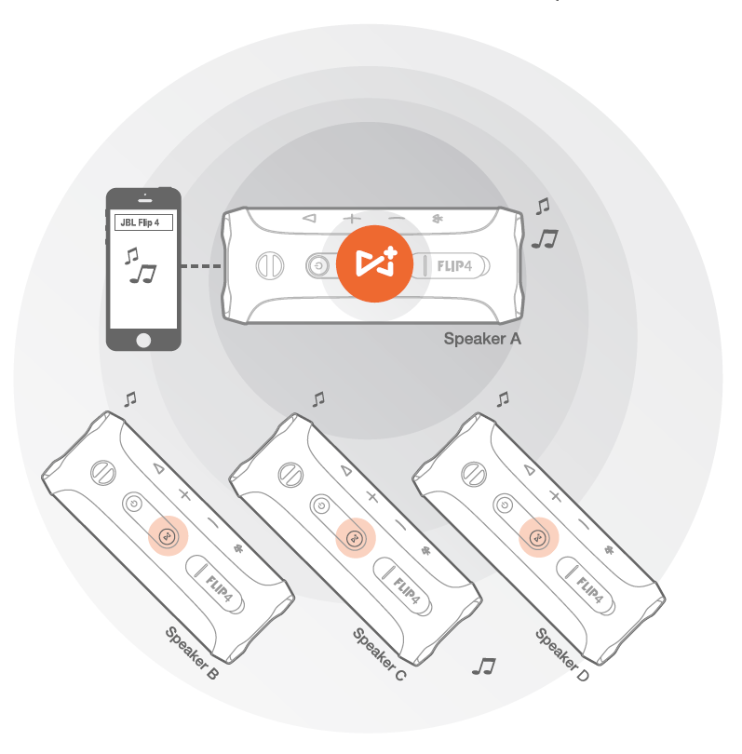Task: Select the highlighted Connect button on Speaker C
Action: pyautogui.click(x=355, y=537)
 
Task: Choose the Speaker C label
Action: pyautogui.click(x=379, y=654)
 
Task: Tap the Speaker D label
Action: pyautogui.click(x=562, y=654)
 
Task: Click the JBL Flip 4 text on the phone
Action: pyautogui.click(x=142, y=222)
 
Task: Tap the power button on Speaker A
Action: pyautogui.click(x=318, y=265)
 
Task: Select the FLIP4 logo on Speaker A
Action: pyautogui.click(x=459, y=265)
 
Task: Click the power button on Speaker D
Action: pyautogui.click(x=504, y=505)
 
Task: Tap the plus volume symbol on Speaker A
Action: pyautogui.click(x=351, y=220)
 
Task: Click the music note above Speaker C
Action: pyautogui.click(x=319, y=398)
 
